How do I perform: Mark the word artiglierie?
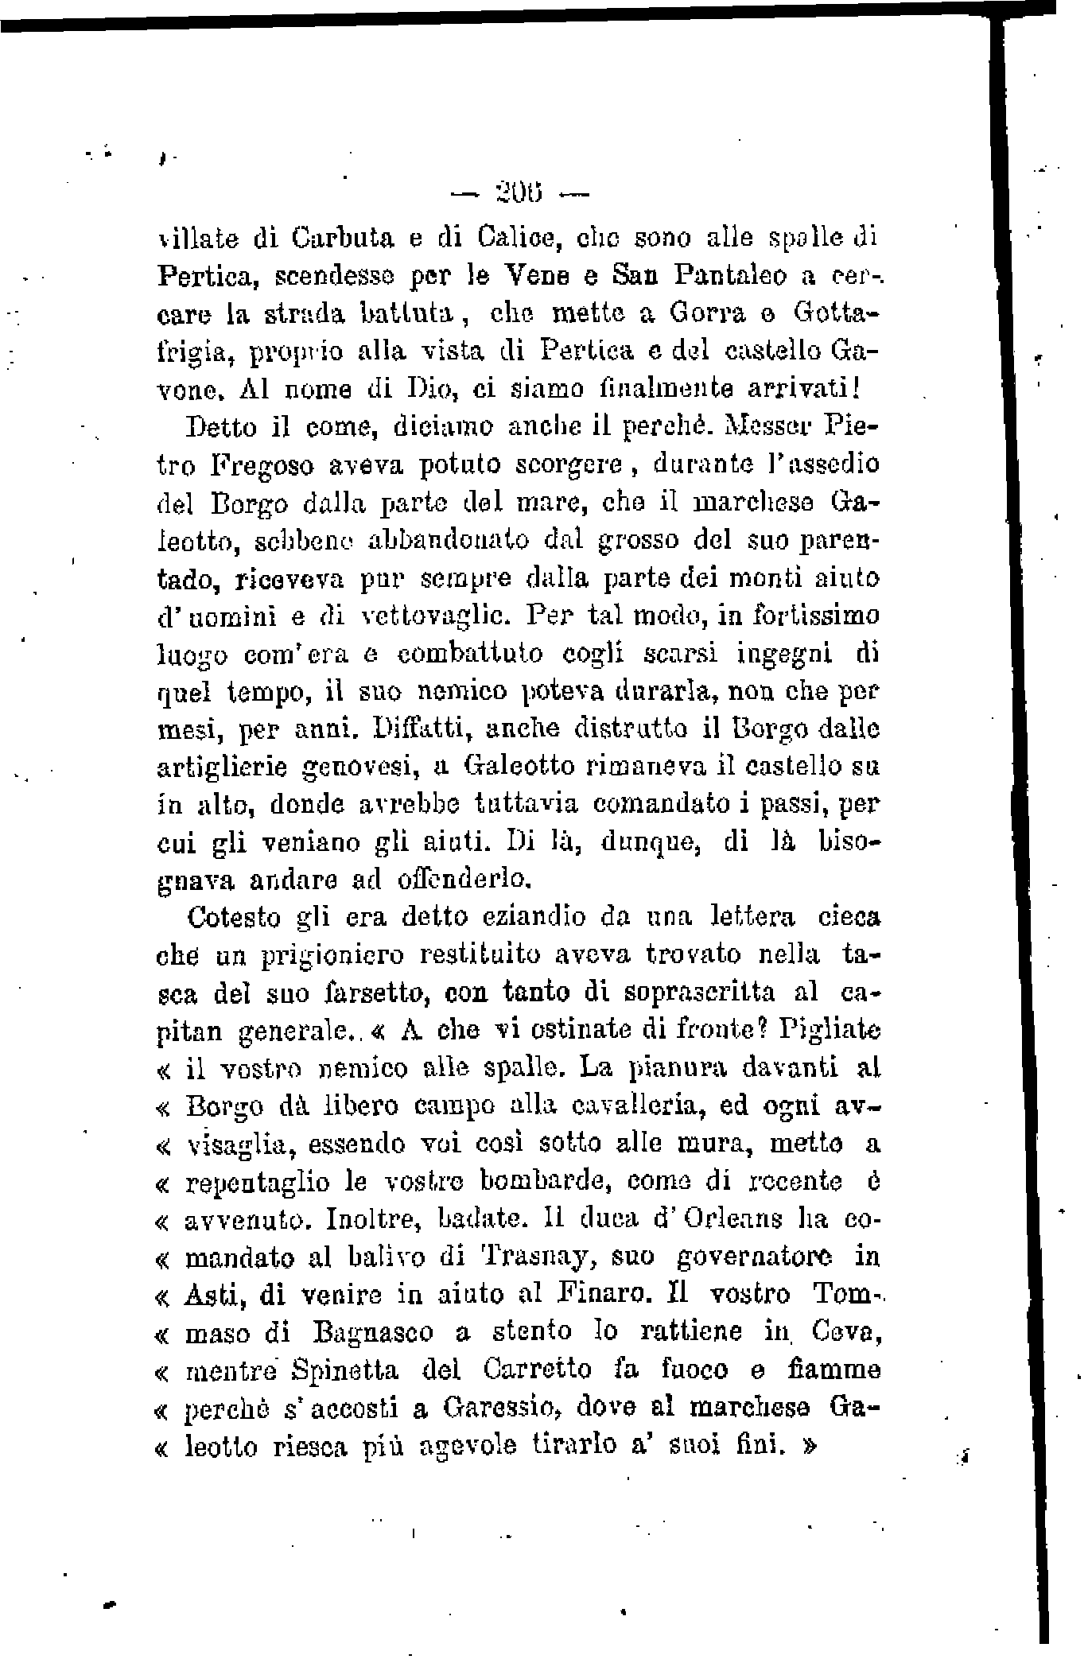click(x=224, y=767)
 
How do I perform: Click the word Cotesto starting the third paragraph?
click(x=235, y=918)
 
